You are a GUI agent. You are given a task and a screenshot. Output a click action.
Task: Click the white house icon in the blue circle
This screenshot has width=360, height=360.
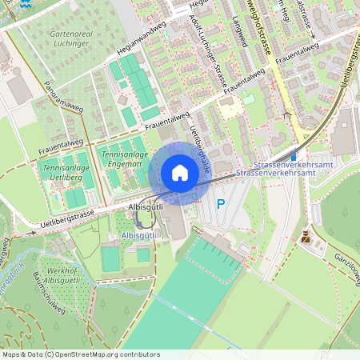(x=180, y=172)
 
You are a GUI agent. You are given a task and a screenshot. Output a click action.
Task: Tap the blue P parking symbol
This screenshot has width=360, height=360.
(x=221, y=204)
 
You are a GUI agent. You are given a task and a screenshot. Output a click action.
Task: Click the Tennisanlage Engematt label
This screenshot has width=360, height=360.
(x=122, y=157)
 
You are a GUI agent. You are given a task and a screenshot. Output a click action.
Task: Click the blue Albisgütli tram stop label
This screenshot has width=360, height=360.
(x=140, y=236)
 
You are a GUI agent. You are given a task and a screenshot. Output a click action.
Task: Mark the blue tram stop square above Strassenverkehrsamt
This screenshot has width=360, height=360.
(x=293, y=156)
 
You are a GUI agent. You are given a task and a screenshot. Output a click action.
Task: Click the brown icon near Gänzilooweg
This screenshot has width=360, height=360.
(x=306, y=236)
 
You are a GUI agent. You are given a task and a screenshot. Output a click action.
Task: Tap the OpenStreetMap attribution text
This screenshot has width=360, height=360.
(x=81, y=354)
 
